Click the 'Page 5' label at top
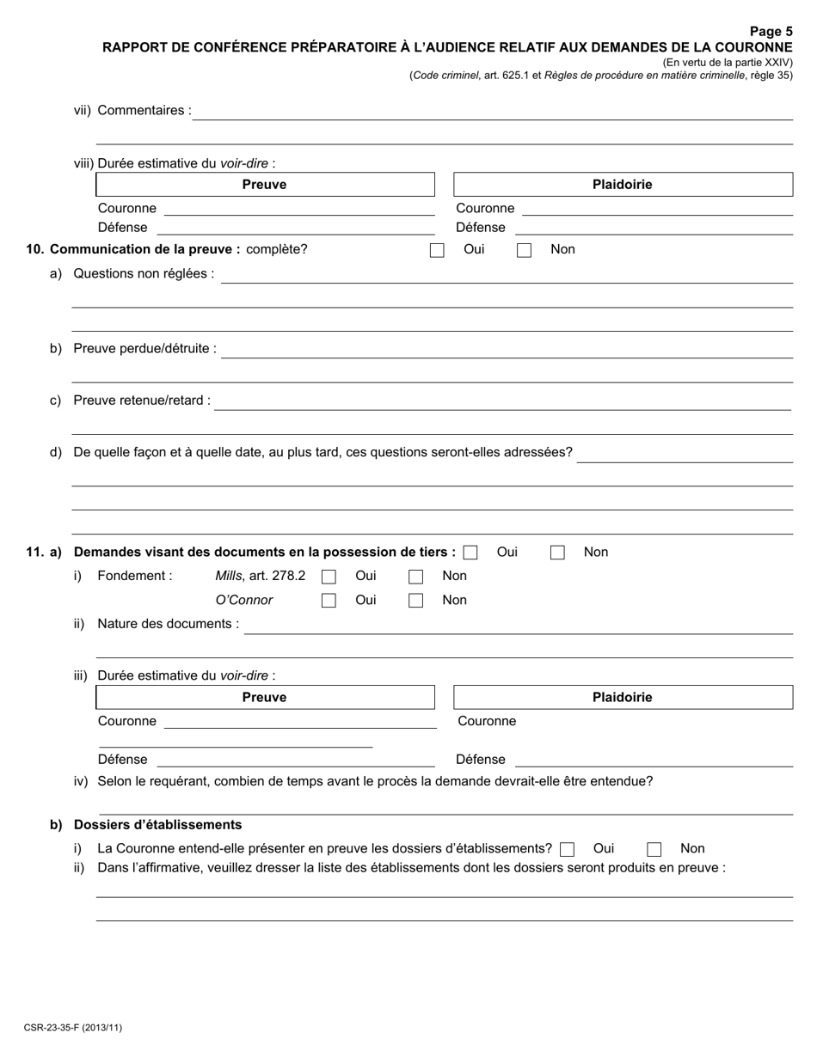click(x=771, y=32)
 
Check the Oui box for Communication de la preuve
click(x=437, y=251)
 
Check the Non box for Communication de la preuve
click(x=524, y=251)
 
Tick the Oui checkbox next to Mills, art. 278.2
click(x=329, y=577)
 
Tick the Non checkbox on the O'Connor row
click(x=415, y=602)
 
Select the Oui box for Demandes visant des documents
click(x=470, y=553)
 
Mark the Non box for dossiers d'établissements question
click(x=654, y=850)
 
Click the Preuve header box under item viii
click(x=265, y=185)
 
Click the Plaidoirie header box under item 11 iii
click(x=623, y=698)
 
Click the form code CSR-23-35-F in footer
click(x=72, y=1027)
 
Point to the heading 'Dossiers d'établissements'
click(x=158, y=825)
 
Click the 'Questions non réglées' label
click(x=144, y=274)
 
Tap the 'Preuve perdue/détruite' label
click(x=144, y=349)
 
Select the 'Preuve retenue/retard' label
click(x=142, y=400)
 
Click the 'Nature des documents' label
click(x=169, y=624)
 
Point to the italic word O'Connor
click(x=244, y=601)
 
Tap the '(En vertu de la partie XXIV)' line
click(x=727, y=63)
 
